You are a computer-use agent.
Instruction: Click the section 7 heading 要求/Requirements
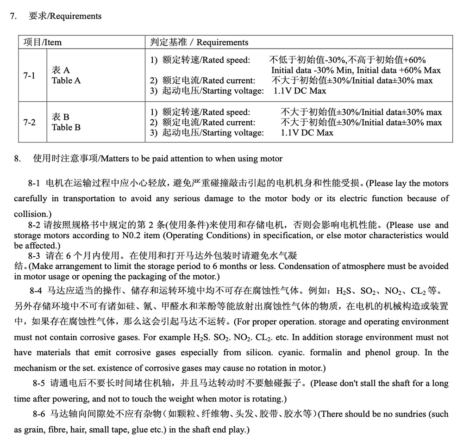point(65,16)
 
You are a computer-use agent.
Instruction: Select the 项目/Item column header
point(43,42)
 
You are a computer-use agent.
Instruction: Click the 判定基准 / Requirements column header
point(199,42)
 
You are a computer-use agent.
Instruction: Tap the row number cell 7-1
point(30,75)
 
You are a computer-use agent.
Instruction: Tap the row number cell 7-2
point(30,123)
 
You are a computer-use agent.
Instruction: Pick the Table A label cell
point(66,75)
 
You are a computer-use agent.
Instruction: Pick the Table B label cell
point(66,122)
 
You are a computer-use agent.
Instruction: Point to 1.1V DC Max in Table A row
point(300,91)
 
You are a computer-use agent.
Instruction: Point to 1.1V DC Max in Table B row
point(307,133)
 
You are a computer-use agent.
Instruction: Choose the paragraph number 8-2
point(35,225)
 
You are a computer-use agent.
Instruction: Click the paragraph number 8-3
point(35,256)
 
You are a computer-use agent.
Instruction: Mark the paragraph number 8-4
point(35,291)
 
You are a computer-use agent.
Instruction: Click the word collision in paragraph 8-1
point(30,214)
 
